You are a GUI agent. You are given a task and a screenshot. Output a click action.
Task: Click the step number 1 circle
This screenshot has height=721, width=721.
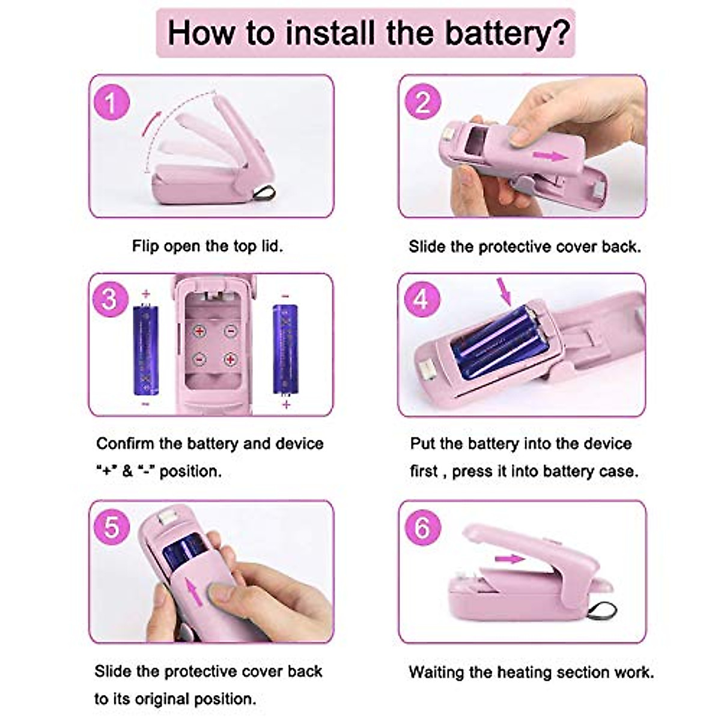click(111, 103)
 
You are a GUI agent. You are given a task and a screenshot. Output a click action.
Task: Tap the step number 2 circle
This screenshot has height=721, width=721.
click(422, 103)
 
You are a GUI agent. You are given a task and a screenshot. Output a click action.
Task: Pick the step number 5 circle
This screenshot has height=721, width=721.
click(112, 528)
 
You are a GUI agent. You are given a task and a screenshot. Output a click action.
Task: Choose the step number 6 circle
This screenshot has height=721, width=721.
click(422, 528)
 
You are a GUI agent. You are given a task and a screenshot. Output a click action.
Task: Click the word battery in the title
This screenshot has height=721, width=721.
click(500, 32)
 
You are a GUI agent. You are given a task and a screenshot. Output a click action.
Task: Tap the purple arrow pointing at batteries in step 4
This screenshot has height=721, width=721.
click(506, 291)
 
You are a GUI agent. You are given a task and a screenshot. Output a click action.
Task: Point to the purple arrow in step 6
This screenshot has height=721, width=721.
click(510, 559)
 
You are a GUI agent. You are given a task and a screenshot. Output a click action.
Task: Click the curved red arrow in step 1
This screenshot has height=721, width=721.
click(150, 138)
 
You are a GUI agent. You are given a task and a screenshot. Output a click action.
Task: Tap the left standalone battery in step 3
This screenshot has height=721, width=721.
click(145, 349)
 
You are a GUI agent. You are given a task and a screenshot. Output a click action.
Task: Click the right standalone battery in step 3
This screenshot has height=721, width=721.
click(285, 349)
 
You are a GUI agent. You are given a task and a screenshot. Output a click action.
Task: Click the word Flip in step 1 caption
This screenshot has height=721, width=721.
click(146, 246)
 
